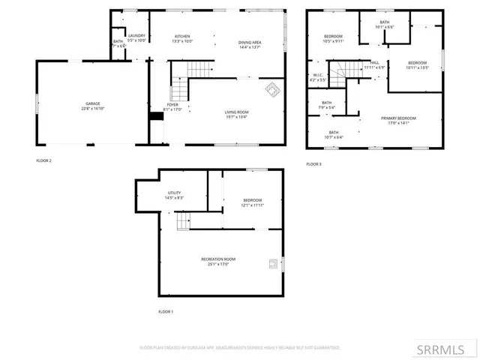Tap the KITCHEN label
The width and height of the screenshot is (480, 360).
pos(183,37)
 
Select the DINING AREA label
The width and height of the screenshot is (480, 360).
pos(250,43)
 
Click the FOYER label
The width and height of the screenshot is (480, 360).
pos(172,105)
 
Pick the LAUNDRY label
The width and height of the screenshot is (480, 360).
pos(136,36)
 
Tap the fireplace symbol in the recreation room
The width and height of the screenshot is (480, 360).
pos(273,262)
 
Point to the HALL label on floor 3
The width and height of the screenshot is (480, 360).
pos(374,63)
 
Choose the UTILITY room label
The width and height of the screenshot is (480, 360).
pos(173,193)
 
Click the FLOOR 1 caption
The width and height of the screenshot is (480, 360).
pos(165,311)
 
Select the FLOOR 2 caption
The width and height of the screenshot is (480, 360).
pos(43,160)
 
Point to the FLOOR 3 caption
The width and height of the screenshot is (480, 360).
pos(313,163)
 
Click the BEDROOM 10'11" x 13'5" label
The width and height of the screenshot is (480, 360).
pos(417,63)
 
